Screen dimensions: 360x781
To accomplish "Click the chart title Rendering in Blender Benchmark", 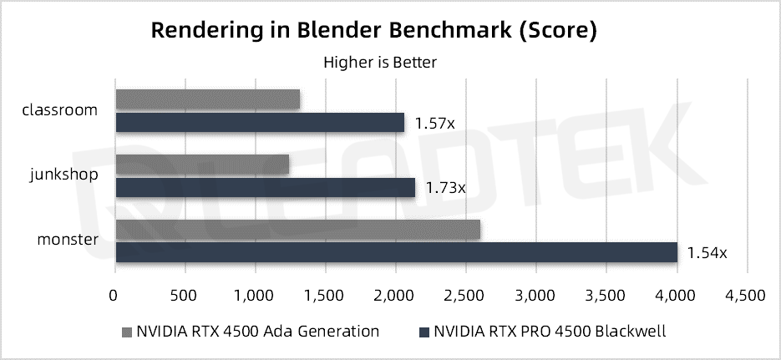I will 373,31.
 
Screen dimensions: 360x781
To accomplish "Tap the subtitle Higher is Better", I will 380,62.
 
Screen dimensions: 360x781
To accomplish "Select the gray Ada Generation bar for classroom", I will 207,99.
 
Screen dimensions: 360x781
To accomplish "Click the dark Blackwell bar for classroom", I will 260,122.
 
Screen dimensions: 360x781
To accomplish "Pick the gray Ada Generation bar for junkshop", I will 202,165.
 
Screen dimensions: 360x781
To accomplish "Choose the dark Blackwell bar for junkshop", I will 265,188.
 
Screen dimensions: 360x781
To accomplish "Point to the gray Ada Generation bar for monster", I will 297,229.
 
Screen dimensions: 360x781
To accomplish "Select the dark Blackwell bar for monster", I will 396,252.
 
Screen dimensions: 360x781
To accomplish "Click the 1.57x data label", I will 435,124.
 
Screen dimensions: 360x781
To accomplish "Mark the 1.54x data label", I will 707,252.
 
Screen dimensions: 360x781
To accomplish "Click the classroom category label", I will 60,109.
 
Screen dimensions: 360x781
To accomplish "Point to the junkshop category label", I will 64,175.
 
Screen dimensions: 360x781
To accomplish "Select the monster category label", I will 67,241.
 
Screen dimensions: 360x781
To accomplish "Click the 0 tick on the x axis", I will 114,295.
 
